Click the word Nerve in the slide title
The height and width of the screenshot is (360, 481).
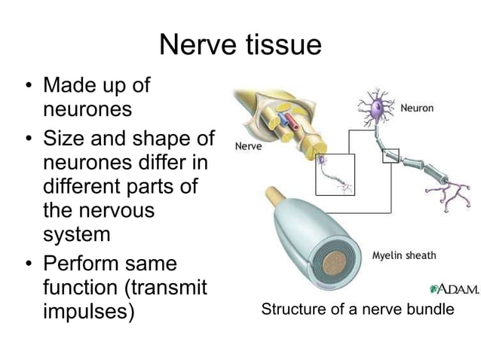[x=198, y=46]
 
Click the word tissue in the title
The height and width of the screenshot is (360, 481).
[x=283, y=46]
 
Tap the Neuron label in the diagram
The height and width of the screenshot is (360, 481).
[x=416, y=108]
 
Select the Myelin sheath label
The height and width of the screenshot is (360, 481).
[x=404, y=255]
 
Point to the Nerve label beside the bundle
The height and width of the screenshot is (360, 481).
[x=248, y=146]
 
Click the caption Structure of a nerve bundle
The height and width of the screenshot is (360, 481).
[x=357, y=310]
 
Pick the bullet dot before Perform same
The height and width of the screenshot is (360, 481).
[x=27, y=265]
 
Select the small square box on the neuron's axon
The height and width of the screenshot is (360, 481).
[x=391, y=155]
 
